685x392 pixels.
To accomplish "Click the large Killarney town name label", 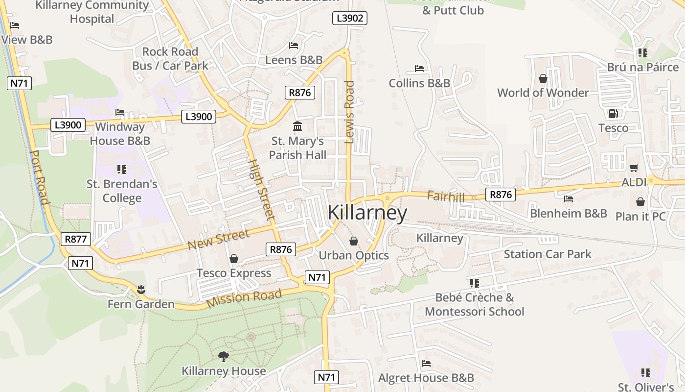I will [367, 213].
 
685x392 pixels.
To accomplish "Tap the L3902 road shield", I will [350, 19].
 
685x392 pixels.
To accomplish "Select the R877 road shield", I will [76, 239].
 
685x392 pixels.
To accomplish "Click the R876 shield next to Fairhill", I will [501, 195].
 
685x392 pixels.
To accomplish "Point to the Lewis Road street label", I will [349, 112].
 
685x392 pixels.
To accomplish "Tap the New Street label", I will [218, 239].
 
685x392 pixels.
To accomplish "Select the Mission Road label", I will [244, 298].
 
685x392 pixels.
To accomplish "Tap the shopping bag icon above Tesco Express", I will [234, 259].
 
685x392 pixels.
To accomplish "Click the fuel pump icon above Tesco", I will [613, 114].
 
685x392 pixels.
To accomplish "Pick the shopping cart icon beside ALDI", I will [634, 168].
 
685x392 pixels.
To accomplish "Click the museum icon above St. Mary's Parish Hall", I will [297, 126].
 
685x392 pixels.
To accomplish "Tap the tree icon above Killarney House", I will [224, 356].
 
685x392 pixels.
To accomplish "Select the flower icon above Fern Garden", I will [141, 289].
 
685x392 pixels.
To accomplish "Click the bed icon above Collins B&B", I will [419, 69].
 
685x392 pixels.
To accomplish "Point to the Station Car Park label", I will [548, 254].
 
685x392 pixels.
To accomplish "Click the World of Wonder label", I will [543, 93].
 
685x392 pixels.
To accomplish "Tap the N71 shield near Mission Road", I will [317, 277].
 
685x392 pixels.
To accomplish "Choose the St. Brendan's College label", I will [122, 191].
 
